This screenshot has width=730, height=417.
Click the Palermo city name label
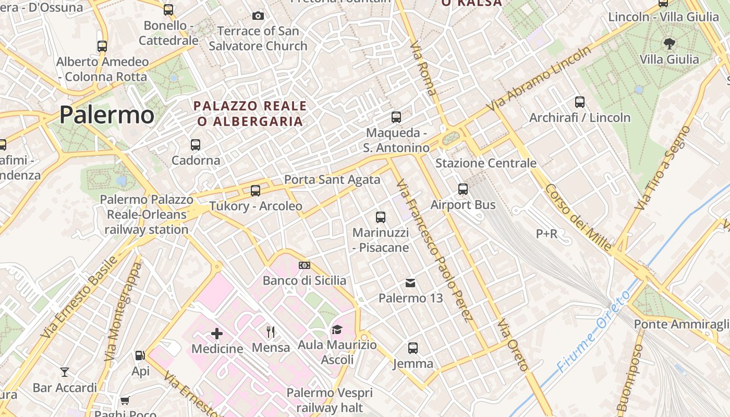tap(106, 115)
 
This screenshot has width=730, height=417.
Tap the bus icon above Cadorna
tap(196, 145)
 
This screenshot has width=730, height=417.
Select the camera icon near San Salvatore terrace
tap(258, 16)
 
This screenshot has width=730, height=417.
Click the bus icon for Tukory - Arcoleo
tap(255, 191)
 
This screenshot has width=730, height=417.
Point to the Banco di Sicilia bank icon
tap(304, 265)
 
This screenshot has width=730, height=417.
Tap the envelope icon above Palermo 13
tap(410, 283)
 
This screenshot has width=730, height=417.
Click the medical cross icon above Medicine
tap(217, 333)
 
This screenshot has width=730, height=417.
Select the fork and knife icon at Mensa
tap(271, 332)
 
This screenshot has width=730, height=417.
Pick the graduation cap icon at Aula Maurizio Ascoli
tap(337, 330)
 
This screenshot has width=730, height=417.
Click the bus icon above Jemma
tap(413, 348)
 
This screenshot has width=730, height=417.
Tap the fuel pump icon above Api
tap(140, 355)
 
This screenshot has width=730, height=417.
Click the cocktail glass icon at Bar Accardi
tap(65, 372)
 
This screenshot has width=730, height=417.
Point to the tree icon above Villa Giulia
tap(669, 44)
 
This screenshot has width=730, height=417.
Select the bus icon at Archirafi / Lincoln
tap(579, 102)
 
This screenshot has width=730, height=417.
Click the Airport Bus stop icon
tap(463, 189)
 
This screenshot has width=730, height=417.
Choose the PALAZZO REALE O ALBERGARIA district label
tap(250, 114)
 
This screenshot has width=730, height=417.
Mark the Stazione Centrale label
tap(485, 163)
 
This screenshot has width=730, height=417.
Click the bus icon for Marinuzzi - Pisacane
tap(381, 217)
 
